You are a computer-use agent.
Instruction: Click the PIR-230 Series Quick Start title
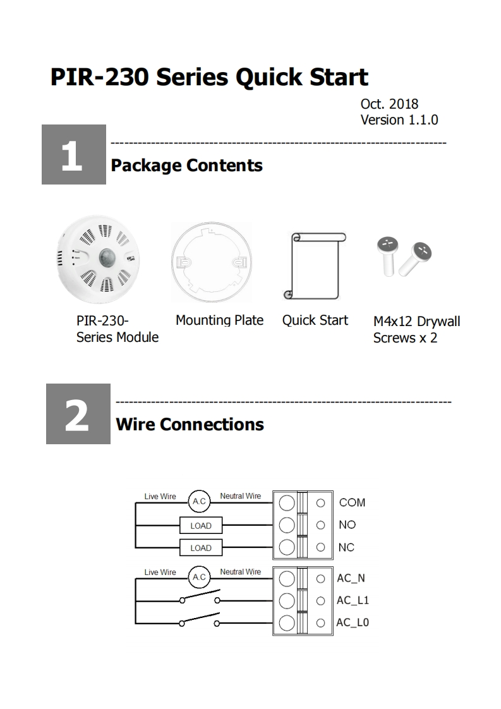click(209, 77)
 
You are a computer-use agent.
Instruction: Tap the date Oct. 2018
click(389, 104)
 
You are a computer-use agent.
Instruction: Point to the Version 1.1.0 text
click(399, 119)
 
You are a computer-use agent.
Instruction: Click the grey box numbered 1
click(73, 155)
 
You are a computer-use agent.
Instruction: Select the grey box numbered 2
click(78, 414)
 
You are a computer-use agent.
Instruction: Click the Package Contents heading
click(186, 166)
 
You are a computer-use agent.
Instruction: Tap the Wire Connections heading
click(190, 424)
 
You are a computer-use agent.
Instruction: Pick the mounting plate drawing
click(211, 260)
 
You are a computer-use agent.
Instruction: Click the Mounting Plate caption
click(219, 320)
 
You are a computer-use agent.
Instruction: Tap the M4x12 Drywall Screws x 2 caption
click(416, 329)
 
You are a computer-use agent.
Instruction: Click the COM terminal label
click(352, 502)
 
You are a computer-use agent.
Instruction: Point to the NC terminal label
click(346, 547)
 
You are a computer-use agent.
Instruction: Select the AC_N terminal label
click(351, 578)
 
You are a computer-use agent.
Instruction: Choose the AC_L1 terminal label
click(353, 600)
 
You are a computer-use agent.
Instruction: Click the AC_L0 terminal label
click(353, 622)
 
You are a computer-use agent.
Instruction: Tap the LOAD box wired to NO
click(201, 526)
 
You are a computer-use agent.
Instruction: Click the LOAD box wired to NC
click(201, 548)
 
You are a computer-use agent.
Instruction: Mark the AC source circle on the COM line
click(199, 502)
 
